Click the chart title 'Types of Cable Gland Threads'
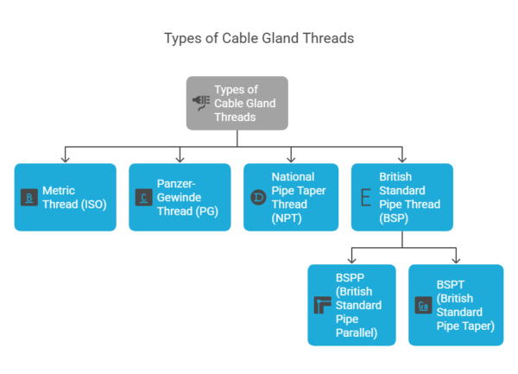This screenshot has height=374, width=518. tap(259, 39)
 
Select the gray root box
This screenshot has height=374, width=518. tap(237, 103)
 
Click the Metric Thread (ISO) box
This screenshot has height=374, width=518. tap(65, 197)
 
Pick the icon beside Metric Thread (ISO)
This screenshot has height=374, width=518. tap(29, 198)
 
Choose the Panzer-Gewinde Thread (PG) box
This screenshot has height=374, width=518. tap(180, 197)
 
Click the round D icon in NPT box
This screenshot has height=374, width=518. tap(257, 198)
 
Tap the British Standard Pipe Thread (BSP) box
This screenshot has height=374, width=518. tap(401, 197)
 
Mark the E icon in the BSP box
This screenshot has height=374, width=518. tap(365, 198)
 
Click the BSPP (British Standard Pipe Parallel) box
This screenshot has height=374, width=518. tap(351, 305)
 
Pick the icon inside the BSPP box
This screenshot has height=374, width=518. tap(322, 306)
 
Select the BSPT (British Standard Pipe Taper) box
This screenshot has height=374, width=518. tap(455, 305)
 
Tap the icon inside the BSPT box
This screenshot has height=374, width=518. tap(423, 306)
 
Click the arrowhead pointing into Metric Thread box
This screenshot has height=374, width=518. tap(65, 159)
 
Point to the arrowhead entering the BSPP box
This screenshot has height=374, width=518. tap(351, 260)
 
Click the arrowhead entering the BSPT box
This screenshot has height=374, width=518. tap(455, 260)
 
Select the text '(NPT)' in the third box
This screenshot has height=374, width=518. tap(287, 218)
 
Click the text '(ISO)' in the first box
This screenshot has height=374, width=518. tap(96, 204)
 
